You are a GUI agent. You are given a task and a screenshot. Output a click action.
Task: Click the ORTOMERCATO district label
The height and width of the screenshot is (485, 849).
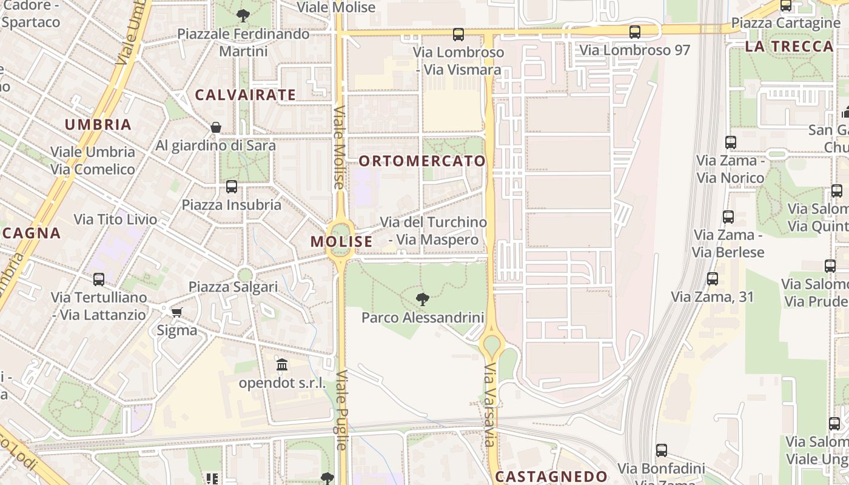pyautogui.click(x=422, y=161)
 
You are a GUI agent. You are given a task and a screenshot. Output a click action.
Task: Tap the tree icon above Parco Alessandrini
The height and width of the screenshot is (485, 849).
pyautogui.click(x=423, y=299)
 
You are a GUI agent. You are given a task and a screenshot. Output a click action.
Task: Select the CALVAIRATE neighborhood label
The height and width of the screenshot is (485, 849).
pyautogui.click(x=245, y=95)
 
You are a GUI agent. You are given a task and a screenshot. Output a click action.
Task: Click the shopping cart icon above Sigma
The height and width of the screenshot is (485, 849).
pyautogui.click(x=176, y=312)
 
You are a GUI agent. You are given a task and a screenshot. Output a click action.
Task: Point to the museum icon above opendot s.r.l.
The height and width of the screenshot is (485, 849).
pyautogui.click(x=282, y=365)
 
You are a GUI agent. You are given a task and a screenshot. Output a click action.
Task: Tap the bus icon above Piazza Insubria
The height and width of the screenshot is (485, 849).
pyautogui.click(x=231, y=187)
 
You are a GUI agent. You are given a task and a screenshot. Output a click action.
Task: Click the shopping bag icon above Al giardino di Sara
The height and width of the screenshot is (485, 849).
pyautogui.click(x=215, y=127)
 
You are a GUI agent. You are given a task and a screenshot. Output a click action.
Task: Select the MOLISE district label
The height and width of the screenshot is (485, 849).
pyautogui.click(x=341, y=241)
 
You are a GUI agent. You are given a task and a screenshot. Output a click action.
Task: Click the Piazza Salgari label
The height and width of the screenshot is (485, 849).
pyautogui.click(x=233, y=287)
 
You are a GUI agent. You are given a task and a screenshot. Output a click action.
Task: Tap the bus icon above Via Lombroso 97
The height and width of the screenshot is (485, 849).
pyautogui.click(x=635, y=32)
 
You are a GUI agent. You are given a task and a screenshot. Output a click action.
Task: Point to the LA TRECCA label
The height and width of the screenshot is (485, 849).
pyautogui.click(x=789, y=47)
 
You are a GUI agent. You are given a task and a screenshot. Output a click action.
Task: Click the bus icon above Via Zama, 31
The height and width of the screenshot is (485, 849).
pyautogui.click(x=713, y=279)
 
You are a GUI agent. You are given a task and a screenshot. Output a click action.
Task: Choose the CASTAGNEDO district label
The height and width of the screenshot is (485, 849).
pyautogui.click(x=551, y=477)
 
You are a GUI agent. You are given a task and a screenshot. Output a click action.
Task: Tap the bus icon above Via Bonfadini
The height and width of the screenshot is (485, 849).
pyautogui.click(x=661, y=450)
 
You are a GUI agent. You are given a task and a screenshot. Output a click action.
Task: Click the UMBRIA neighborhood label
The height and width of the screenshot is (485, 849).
pyautogui.click(x=98, y=125)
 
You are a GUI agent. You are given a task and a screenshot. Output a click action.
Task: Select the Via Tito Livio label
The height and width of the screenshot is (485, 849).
pyautogui.click(x=115, y=219)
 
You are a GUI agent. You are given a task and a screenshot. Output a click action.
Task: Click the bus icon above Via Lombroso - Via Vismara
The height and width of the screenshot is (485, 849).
pyautogui.click(x=458, y=35)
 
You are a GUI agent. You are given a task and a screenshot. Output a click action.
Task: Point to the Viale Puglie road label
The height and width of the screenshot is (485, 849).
pyautogui.click(x=341, y=410)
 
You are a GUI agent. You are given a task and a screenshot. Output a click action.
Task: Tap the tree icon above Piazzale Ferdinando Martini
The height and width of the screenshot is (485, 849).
pyautogui.click(x=243, y=16)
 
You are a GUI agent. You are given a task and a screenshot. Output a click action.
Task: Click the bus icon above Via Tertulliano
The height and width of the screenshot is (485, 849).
pyautogui.click(x=99, y=279)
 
